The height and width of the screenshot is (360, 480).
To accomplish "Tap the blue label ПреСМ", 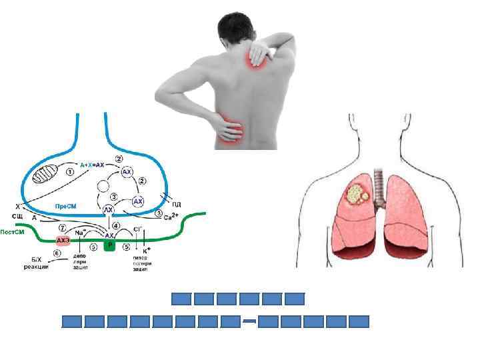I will click(x=65, y=206).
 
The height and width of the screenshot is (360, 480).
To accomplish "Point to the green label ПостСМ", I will click(x=13, y=232).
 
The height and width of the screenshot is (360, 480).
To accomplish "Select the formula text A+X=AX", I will click(x=93, y=164).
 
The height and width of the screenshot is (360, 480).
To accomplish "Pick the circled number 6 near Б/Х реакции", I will click(x=57, y=254).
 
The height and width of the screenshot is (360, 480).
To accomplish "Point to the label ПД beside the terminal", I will click(x=177, y=203).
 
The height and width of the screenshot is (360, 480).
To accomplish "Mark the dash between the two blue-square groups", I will click(x=249, y=321).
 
